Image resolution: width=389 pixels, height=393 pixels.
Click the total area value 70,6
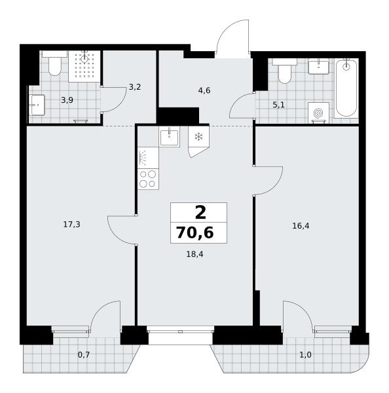tap(195, 233)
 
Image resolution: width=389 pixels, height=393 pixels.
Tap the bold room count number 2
tap(200, 212)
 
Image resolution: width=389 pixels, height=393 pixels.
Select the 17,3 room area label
tap(71, 225)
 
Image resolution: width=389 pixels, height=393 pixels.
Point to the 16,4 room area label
tap(301, 226)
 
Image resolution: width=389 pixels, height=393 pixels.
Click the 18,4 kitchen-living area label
tap(194, 254)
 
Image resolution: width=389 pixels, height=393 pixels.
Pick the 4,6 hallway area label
tap(204, 90)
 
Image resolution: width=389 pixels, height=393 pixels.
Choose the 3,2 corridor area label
tap(135, 87)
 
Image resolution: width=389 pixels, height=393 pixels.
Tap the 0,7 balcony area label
tap(84, 354)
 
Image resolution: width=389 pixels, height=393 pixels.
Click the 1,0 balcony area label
tap(306, 354)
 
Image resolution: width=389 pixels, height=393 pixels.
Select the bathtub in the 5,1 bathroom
tap(346, 88)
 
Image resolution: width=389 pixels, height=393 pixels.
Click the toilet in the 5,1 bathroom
tap(285, 71)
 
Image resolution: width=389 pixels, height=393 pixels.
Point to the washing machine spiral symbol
tap(318, 113)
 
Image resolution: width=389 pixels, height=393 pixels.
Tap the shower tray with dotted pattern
tap(84, 66)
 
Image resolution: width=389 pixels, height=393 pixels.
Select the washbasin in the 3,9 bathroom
tap(37, 105)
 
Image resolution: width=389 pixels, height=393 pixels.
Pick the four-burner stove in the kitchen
tap(148, 179)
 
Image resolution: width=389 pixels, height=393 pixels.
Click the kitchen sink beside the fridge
tap(170, 138)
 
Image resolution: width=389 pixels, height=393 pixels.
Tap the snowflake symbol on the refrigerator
tap(199, 137)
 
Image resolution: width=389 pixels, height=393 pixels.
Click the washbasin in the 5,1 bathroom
tap(318, 66)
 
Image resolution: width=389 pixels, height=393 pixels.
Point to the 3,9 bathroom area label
tap(67, 100)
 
